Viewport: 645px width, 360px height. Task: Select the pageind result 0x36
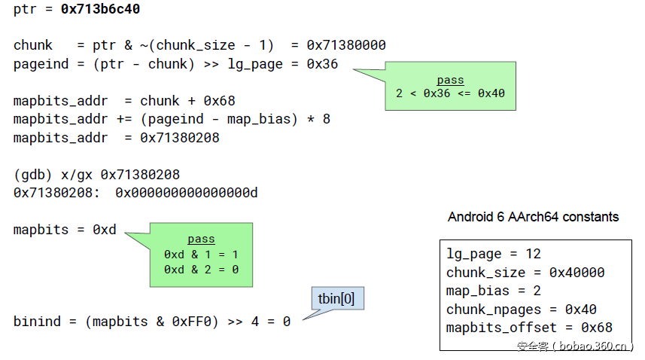(x=322, y=64)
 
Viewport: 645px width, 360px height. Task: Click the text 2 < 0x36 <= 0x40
(x=450, y=93)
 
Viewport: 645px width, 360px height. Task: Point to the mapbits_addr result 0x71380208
(x=179, y=137)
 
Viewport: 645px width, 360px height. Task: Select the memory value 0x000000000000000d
(x=187, y=193)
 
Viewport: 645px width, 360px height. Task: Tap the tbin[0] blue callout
(x=336, y=299)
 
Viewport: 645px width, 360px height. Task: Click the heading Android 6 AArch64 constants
(x=533, y=217)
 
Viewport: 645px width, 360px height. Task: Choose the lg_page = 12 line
(x=494, y=254)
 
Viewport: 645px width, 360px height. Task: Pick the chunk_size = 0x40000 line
(x=525, y=273)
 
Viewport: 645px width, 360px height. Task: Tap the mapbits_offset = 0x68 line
(x=529, y=328)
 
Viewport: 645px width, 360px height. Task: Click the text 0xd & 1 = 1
(x=201, y=255)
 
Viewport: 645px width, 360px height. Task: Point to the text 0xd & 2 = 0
(x=201, y=269)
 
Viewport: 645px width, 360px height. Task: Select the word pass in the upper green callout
(x=450, y=80)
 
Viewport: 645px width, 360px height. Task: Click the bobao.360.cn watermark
(x=575, y=346)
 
